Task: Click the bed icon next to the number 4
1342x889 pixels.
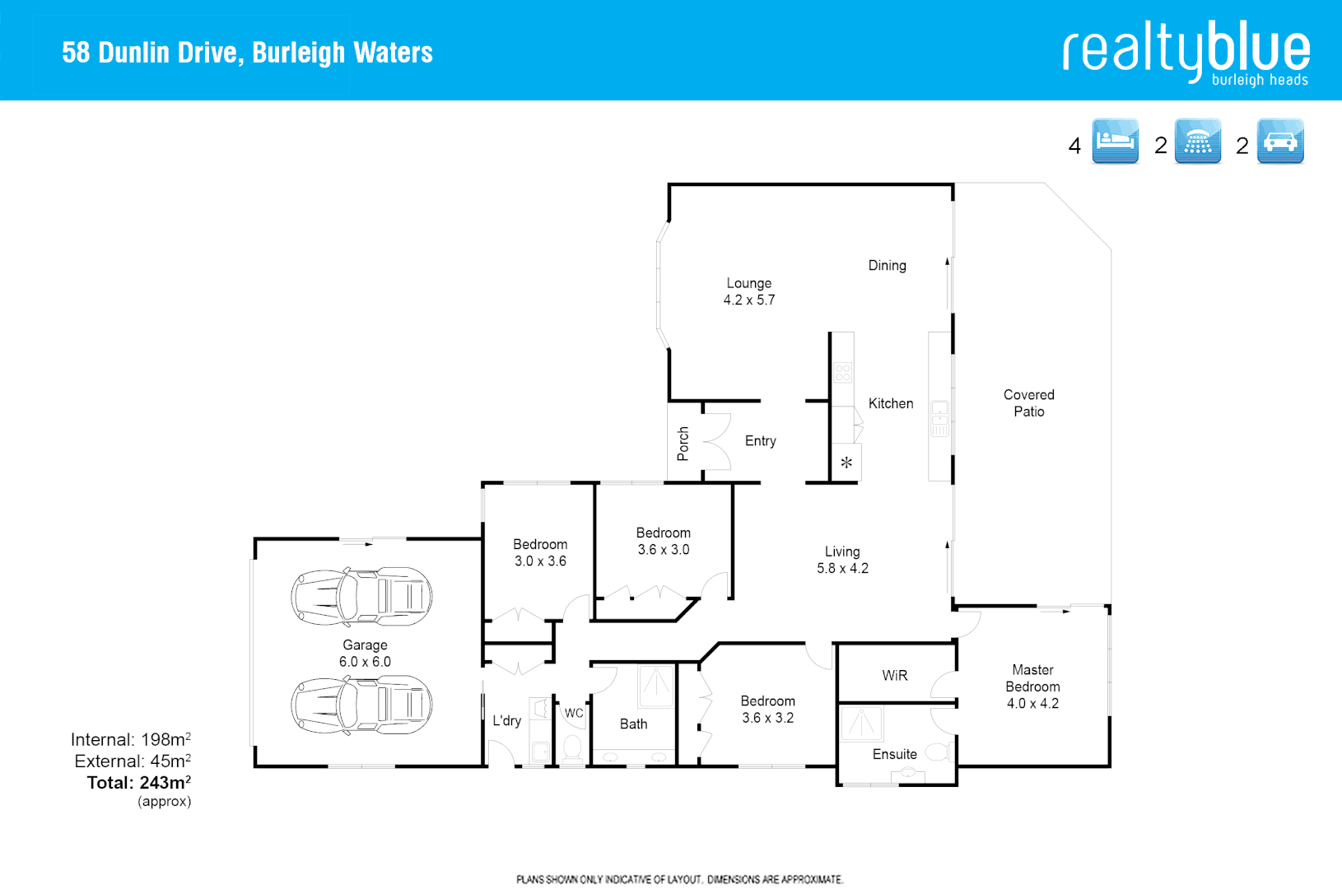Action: (x=1115, y=141)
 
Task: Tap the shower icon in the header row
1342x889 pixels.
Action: (x=1198, y=141)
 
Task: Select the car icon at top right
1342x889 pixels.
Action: (x=1280, y=141)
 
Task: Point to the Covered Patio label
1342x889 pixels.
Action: (x=1028, y=403)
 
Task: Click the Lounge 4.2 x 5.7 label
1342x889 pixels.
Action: (x=749, y=291)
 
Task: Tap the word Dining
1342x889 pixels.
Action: (x=887, y=265)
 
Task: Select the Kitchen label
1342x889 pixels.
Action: (x=891, y=403)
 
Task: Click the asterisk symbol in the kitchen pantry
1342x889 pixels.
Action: (x=846, y=463)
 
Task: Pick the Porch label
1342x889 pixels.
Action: (x=683, y=444)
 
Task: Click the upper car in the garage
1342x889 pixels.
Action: (x=361, y=595)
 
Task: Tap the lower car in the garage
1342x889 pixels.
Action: (x=361, y=705)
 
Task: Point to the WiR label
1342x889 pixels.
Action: (x=895, y=676)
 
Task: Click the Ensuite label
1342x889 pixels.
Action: (x=894, y=754)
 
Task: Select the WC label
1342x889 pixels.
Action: (x=574, y=713)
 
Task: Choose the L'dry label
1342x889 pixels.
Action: (x=506, y=721)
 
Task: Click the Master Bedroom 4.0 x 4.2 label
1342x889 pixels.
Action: (x=1032, y=687)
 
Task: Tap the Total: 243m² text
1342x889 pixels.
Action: (x=139, y=783)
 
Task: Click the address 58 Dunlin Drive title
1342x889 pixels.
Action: (x=247, y=53)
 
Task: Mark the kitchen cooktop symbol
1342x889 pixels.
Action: (x=842, y=373)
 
